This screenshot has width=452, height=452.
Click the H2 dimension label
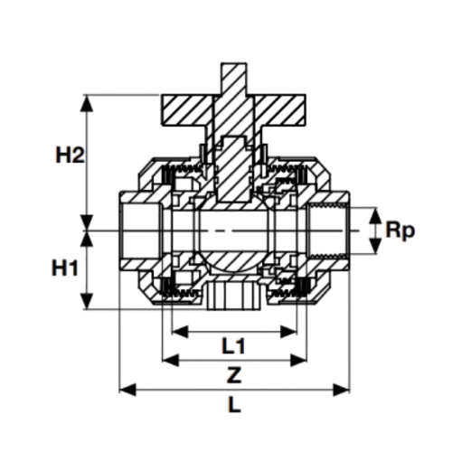pos(70,155)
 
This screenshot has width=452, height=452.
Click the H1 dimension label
pos(65,268)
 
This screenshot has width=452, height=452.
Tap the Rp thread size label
pos(400,231)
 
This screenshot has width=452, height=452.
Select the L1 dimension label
pos(233,345)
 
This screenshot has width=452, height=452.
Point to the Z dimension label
pos(234,375)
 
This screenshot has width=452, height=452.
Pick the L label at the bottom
pos(234,404)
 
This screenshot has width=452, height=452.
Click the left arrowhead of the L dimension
pos(127,391)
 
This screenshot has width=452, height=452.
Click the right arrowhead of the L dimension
pos(341,391)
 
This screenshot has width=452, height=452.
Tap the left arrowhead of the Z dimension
pos(171,361)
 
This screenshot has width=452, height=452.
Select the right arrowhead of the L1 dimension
pos(288,332)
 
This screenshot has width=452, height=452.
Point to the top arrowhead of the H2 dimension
pos(87,104)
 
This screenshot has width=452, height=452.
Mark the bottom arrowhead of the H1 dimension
pos(87,300)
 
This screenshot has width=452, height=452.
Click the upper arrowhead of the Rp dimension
pos(374,216)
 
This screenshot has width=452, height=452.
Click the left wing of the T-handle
pos(187,110)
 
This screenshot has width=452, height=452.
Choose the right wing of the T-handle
pos(280,110)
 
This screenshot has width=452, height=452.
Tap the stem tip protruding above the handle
pos(234,79)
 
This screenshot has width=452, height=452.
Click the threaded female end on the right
pos(328,231)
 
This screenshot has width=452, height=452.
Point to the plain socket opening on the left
pos(140,231)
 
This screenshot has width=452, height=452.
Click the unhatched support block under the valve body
pos(233,297)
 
